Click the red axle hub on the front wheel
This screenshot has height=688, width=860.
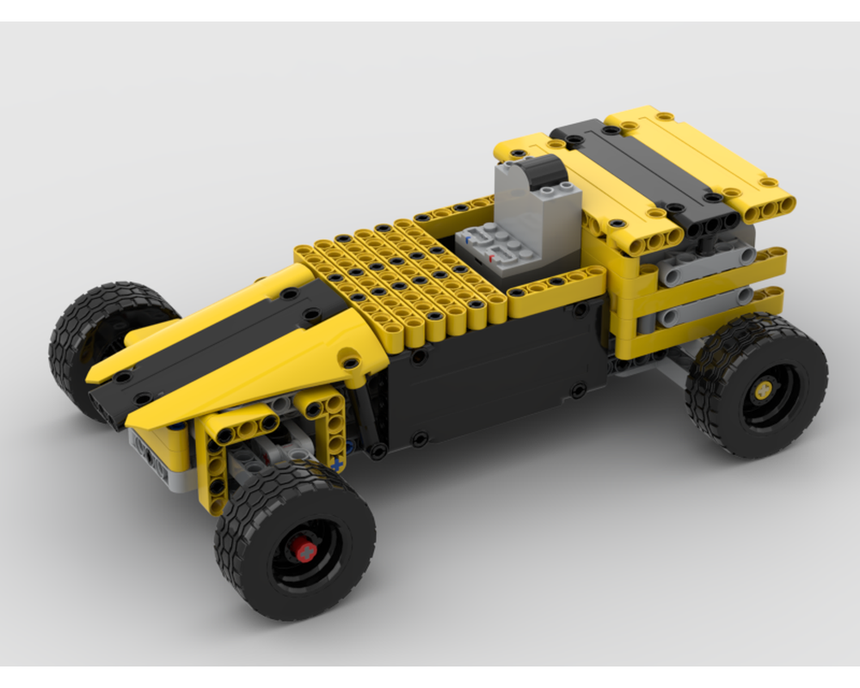coord(302,548)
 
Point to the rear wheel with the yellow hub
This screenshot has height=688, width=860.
coord(757,387)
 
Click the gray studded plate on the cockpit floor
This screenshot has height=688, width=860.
coord(488,249)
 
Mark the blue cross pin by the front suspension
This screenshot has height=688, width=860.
coord(338,464)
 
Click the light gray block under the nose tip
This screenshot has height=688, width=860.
coord(155,456)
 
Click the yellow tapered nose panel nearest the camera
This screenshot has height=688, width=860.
coord(258,370)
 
